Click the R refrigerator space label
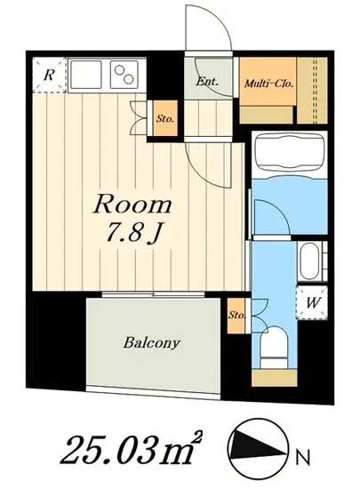(49, 76)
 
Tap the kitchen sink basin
(86, 75)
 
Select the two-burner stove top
(124, 75)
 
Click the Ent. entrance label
(207, 82)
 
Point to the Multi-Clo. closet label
(268, 84)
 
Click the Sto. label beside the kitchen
(164, 118)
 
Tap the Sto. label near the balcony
(236, 315)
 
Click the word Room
(132, 204)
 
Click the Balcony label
(152, 343)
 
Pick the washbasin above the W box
(309, 261)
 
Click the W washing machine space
(312, 302)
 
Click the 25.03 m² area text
(132, 450)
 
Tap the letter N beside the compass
(302, 458)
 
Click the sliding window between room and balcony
(153, 294)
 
